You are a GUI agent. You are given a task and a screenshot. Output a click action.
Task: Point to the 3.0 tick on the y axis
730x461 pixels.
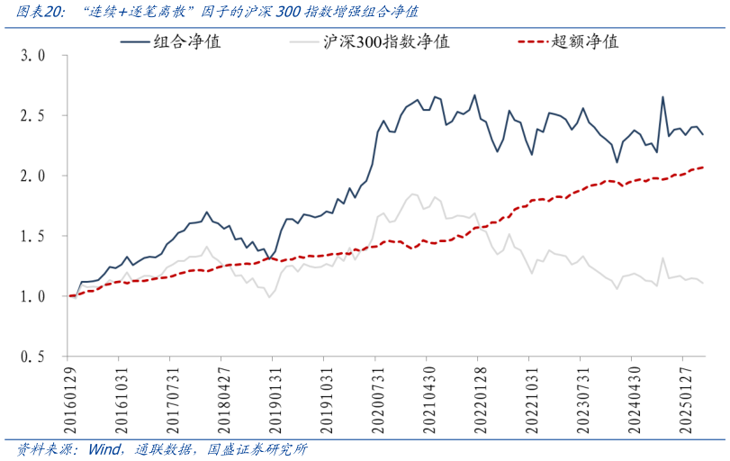32,56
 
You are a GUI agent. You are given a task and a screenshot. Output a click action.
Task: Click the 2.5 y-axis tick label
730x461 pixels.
32,116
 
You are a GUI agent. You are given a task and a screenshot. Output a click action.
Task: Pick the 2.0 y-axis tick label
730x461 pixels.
32,176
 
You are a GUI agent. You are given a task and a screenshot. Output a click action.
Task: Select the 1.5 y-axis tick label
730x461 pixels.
32,236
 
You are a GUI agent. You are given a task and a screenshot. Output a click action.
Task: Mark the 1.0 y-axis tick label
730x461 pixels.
32,296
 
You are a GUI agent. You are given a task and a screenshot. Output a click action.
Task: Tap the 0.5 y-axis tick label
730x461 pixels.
32,357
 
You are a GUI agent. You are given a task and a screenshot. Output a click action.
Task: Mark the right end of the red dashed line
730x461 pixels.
703,167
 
